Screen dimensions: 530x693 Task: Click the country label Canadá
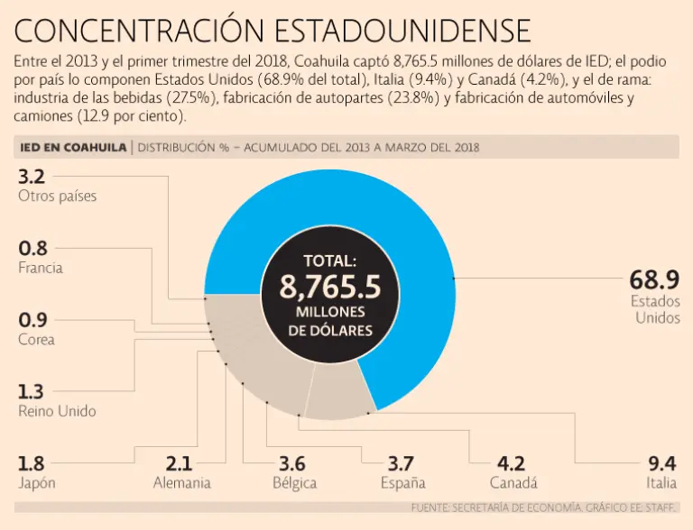click(x=513, y=483)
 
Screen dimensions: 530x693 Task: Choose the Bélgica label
click(x=294, y=483)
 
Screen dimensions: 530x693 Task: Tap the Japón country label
click(x=37, y=483)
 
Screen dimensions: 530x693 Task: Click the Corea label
click(x=36, y=340)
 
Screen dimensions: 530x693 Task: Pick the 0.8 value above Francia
click(x=32, y=248)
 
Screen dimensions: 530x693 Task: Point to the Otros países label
click(x=57, y=196)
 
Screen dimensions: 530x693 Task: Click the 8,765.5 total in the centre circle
click(x=329, y=288)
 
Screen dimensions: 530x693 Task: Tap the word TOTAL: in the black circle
click(x=329, y=261)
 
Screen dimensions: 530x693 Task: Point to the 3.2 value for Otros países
click(x=32, y=176)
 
